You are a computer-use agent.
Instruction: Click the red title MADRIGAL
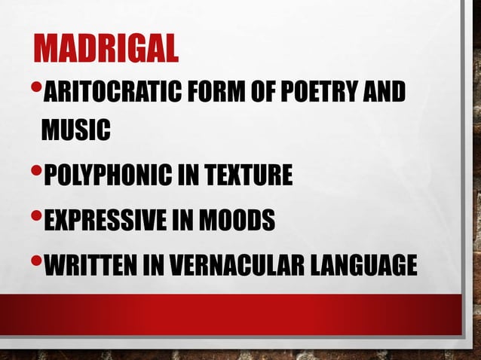[106, 50]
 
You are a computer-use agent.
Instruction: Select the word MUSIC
[75, 130]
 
